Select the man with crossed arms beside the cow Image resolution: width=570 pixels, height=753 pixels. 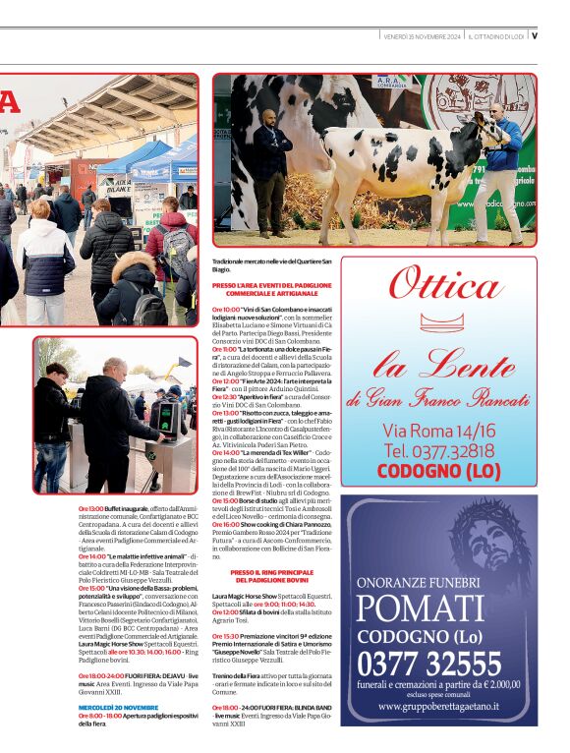click(x=271, y=162)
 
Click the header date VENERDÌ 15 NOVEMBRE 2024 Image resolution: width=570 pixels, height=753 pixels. click(x=422, y=35)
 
